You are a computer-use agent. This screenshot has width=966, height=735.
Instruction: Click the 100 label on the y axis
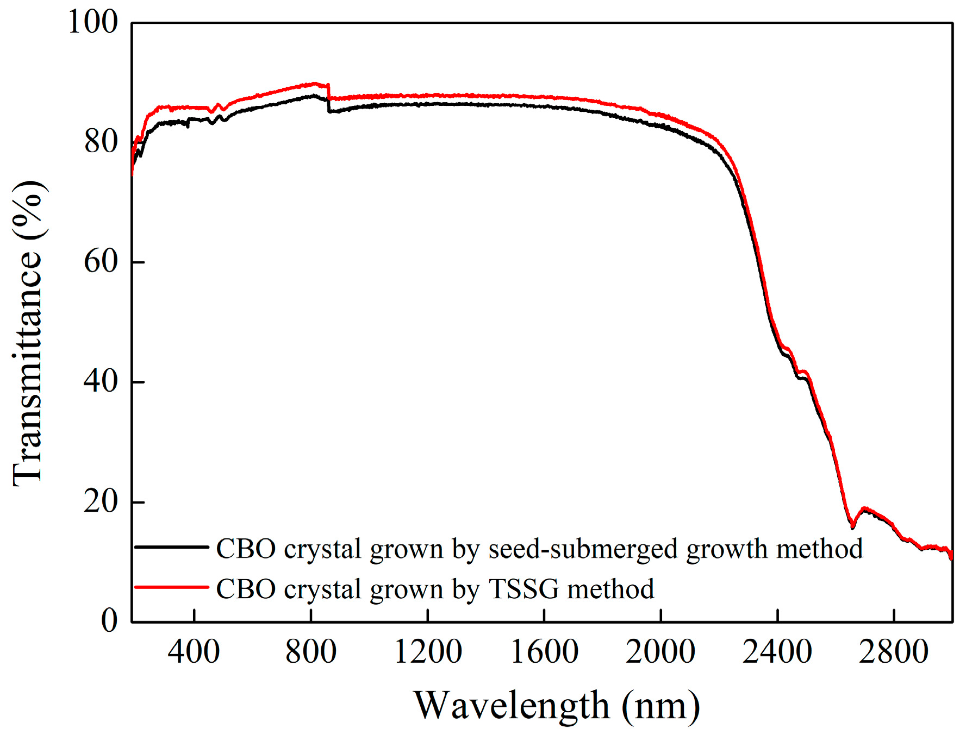[92, 23]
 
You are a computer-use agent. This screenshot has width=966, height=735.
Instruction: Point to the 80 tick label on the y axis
[101, 142]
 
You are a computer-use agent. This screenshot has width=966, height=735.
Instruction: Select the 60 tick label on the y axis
[101, 262]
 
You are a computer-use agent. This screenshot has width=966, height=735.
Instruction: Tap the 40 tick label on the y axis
[101, 381]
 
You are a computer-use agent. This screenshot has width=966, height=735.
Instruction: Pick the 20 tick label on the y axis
[101, 501]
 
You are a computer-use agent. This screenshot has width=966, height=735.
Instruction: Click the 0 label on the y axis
[109, 620]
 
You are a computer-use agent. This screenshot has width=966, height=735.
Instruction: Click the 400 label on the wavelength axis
[194, 652]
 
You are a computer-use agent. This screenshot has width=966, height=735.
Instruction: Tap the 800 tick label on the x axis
[310, 652]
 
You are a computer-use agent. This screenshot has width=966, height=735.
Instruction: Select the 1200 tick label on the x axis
[428, 652]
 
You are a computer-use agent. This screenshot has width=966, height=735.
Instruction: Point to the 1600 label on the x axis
[544, 652]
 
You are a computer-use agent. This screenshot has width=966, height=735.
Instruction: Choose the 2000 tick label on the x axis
[660, 652]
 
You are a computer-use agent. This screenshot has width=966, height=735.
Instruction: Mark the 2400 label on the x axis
[777, 652]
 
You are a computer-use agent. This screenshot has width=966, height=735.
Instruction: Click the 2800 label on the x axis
[894, 652]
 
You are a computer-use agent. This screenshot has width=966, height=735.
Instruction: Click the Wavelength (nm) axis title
[557, 706]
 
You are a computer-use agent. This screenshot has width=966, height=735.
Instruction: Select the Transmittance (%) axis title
[28, 332]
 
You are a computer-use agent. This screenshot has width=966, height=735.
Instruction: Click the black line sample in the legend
[171, 547]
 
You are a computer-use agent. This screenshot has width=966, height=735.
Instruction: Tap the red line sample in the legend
[171, 587]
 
